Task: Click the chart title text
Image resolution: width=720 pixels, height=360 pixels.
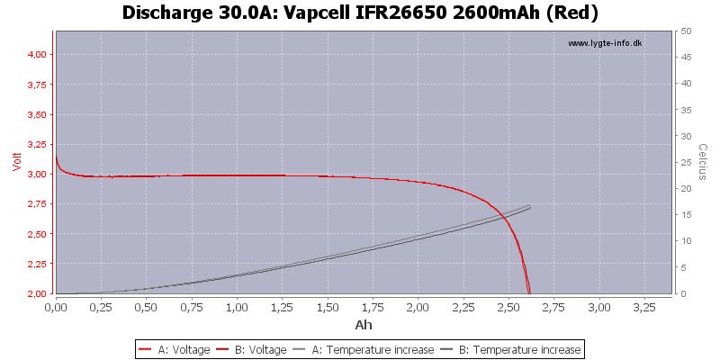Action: click(x=359, y=13)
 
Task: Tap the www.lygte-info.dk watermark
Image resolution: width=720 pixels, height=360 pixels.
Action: click(x=606, y=42)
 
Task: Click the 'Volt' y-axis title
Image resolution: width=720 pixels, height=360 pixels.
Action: click(x=15, y=162)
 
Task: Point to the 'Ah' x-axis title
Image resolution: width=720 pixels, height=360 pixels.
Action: click(x=364, y=325)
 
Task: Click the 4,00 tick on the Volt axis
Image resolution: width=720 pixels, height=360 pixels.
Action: click(x=35, y=55)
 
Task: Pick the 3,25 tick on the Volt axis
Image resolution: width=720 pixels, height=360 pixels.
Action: click(x=35, y=144)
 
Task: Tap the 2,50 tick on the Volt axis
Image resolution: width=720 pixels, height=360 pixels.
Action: click(x=35, y=234)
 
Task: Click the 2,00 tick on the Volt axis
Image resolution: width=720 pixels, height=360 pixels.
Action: click(x=35, y=293)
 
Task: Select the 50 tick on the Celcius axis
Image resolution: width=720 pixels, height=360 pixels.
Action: click(x=686, y=31)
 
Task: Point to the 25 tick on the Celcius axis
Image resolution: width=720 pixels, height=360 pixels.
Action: click(x=686, y=162)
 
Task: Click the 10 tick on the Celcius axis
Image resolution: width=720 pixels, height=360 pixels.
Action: click(x=686, y=241)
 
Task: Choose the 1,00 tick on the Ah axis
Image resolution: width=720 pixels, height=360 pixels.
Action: click(x=237, y=307)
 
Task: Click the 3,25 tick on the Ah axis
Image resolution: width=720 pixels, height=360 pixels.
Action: click(x=644, y=307)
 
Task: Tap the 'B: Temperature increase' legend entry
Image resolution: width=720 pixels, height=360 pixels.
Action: click(x=514, y=349)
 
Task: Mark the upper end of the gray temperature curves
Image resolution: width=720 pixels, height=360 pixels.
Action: click(x=530, y=206)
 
